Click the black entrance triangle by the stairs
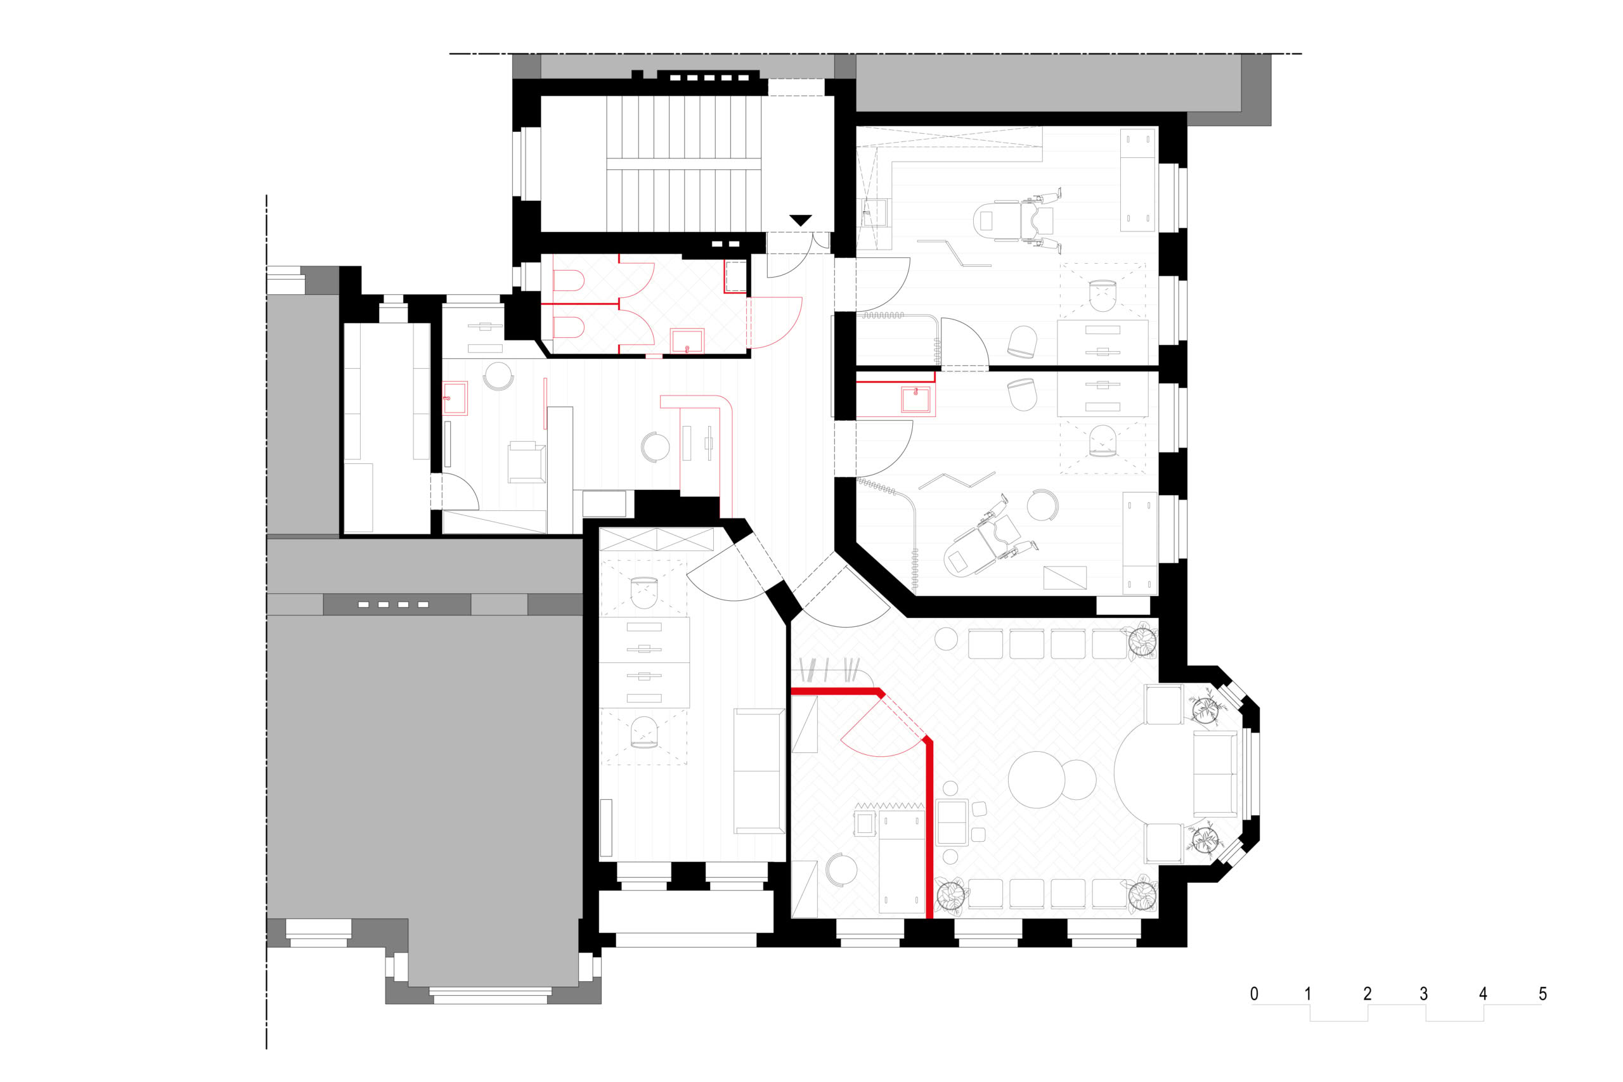(x=801, y=220)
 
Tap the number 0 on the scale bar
(x=1254, y=994)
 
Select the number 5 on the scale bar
(x=1543, y=994)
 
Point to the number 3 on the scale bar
(x=1423, y=994)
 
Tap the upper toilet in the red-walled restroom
(x=568, y=281)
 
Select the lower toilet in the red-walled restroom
(x=568, y=327)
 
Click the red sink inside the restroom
(x=687, y=341)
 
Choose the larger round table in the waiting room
(x=1037, y=779)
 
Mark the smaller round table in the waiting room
(x=1077, y=779)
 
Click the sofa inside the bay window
(x=1215, y=773)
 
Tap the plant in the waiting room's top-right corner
(x=1142, y=640)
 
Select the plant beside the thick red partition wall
(x=951, y=896)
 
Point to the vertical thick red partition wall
(x=929, y=828)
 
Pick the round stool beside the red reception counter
(x=655, y=447)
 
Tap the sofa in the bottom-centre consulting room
(x=759, y=771)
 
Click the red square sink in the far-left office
(x=455, y=398)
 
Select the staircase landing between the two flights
(x=683, y=164)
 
